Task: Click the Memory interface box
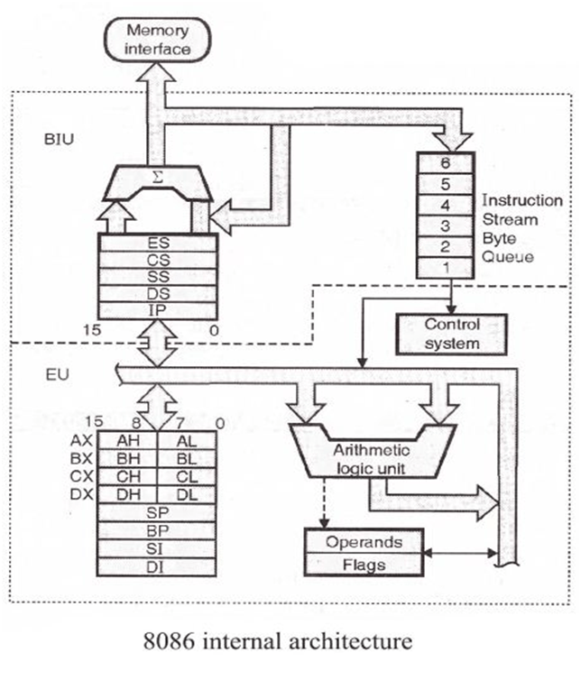pyautogui.click(x=158, y=39)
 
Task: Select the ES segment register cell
pyautogui.click(x=158, y=243)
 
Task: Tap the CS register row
pyautogui.click(x=158, y=260)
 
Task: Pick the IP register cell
pyautogui.click(x=158, y=309)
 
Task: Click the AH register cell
pyautogui.click(x=127, y=440)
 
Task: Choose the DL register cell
pyautogui.click(x=187, y=494)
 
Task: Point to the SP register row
pyautogui.click(x=157, y=512)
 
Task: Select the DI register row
pyautogui.click(x=157, y=566)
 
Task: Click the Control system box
pyautogui.click(x=451, y=333)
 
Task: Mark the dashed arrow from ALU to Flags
pyautogui.click(x=323, y=501)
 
